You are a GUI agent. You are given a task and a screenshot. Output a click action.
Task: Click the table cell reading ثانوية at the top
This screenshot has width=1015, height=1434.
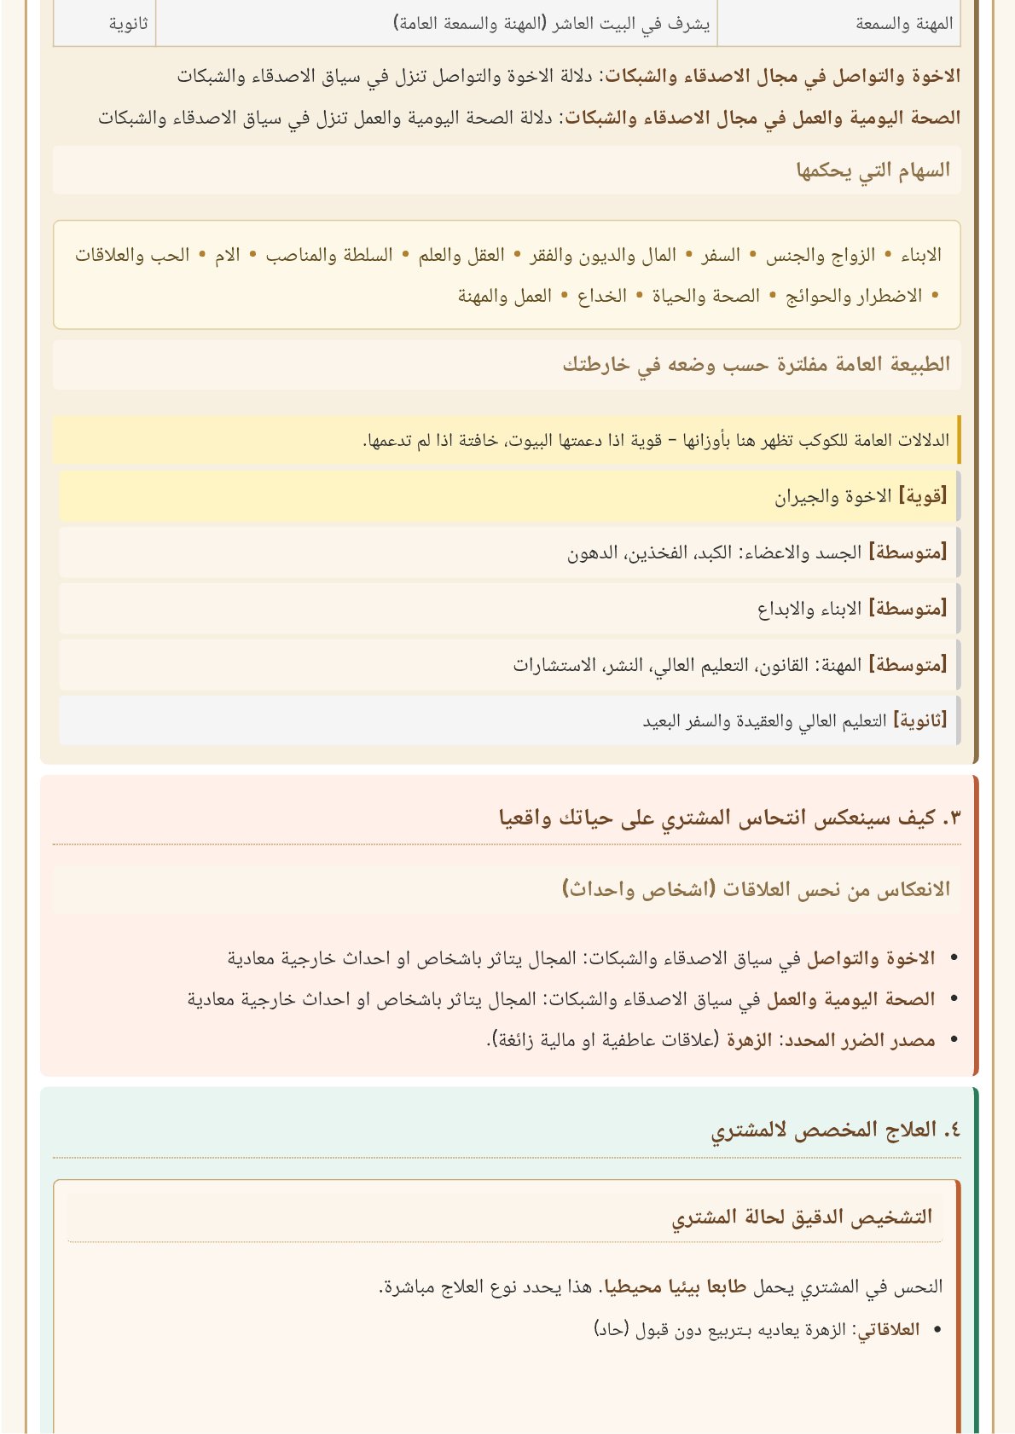[x=128, y=24]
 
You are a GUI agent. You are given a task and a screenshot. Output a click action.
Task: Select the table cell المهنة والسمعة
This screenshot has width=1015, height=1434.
[x=904, y=24]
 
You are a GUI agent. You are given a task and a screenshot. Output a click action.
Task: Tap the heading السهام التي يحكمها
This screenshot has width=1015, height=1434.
[x=873, y=171]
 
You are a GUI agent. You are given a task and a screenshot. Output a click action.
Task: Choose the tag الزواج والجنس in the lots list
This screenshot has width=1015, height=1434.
[x=821, y=255]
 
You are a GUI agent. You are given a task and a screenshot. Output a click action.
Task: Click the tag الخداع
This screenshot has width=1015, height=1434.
[x=602, y=296]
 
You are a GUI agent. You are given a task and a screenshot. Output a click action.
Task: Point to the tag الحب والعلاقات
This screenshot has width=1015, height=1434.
[x=132, y=255]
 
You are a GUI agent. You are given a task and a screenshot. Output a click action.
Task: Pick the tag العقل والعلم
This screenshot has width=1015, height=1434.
[x=461, y=255]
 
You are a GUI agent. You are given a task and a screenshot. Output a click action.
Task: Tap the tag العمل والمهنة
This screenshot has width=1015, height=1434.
[x=505, y=296]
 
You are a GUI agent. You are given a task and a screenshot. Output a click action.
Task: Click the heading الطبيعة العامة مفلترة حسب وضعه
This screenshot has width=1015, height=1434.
[x=756, y=364]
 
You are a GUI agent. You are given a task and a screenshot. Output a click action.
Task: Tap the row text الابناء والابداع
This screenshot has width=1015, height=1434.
[x=809, y=609]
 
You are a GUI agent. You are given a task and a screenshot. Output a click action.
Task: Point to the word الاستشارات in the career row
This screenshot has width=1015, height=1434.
[x=554, y=664]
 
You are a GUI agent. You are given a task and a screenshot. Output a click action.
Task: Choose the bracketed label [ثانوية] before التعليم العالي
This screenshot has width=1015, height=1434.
[x=920, y=720]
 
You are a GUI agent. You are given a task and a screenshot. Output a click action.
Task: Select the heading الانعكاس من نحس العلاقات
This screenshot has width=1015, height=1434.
[x=756, y=889]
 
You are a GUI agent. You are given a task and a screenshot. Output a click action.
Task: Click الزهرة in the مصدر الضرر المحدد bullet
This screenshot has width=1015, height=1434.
[x=750, y=1039]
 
